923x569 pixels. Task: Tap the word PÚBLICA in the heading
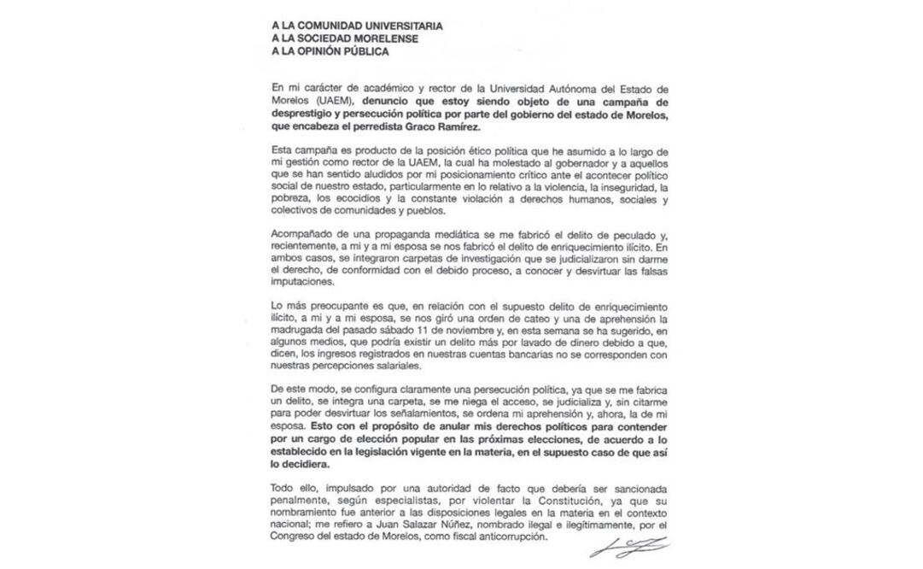[359, 51]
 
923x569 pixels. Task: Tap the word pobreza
[288, 199]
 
